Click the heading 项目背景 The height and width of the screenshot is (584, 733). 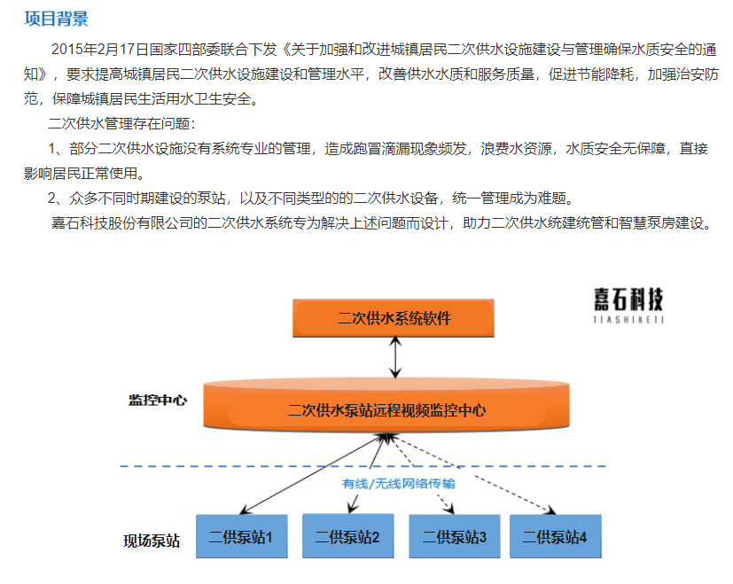[x=56, y=19]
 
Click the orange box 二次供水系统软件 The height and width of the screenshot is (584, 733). [x=394, y=318]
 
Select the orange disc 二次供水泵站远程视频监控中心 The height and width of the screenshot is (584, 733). [x=386, y=405]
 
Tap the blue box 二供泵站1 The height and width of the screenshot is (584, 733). [x=241, y=536]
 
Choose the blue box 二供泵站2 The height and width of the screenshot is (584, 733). [x=347, y=536]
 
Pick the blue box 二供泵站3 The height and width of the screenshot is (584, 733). [x=455, y=536]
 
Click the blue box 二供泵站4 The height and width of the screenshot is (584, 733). [x=556, y=536]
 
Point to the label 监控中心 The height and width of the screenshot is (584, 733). [x=158, y=401]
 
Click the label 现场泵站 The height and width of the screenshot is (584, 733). [x=152, y=541]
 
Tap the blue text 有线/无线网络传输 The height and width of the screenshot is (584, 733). [x=398, y=484]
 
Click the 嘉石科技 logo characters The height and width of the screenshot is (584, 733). [x=628, y=300]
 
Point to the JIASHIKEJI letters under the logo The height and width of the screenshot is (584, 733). [x=628, y=320]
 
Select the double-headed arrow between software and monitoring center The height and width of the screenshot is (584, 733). [x=395, y=358]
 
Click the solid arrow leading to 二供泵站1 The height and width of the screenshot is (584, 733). [x=312, y=473]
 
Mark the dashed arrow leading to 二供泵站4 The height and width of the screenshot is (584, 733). [x=472, y=474]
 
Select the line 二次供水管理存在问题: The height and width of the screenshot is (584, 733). [x=121, y=123]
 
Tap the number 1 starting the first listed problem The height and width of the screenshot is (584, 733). [x=52, y=149]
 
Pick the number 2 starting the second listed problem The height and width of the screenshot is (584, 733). [x=52, y=199]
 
